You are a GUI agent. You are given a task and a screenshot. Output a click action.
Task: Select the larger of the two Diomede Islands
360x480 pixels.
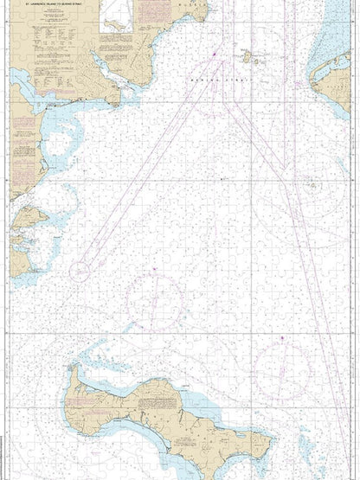click(x=245, y=58)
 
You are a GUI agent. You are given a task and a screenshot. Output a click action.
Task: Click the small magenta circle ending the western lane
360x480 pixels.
click(x=80, y=271)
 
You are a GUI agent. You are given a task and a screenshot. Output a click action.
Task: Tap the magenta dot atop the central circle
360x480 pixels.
click(x=154, y=272)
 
